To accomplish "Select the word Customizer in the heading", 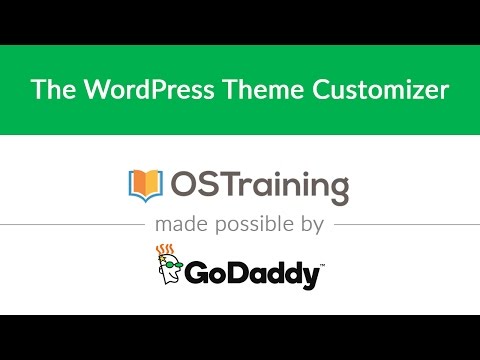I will [x=377, y=91].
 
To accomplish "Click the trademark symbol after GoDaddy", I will [x=322, y=264].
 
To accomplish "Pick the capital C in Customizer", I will [x=321, y=91].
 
